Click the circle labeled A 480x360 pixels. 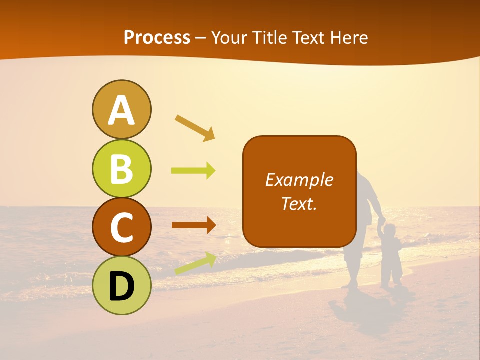pyautogui.click(x=121, y=109)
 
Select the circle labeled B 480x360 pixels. pyautogui.click(x=121, y=168)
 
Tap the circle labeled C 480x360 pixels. pyautogui.click(x=121, y=227)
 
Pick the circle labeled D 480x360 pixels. pyautogui.click(x=121, y=285)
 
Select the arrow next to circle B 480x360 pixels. pyautogui.click(x=194, y=171)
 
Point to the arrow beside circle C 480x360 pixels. pyautogui.click(x=194, y=225)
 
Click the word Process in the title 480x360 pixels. pyautogui.click(x=157, y=37)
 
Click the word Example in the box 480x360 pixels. pyautogui.click(x=299, y=180)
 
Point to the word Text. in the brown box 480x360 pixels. pyautogui.click(x=299, y=203)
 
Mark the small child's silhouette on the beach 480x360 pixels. pyautogui.click(x=391, y=255)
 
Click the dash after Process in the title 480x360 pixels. pyautogui.click(x=201, y=38)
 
